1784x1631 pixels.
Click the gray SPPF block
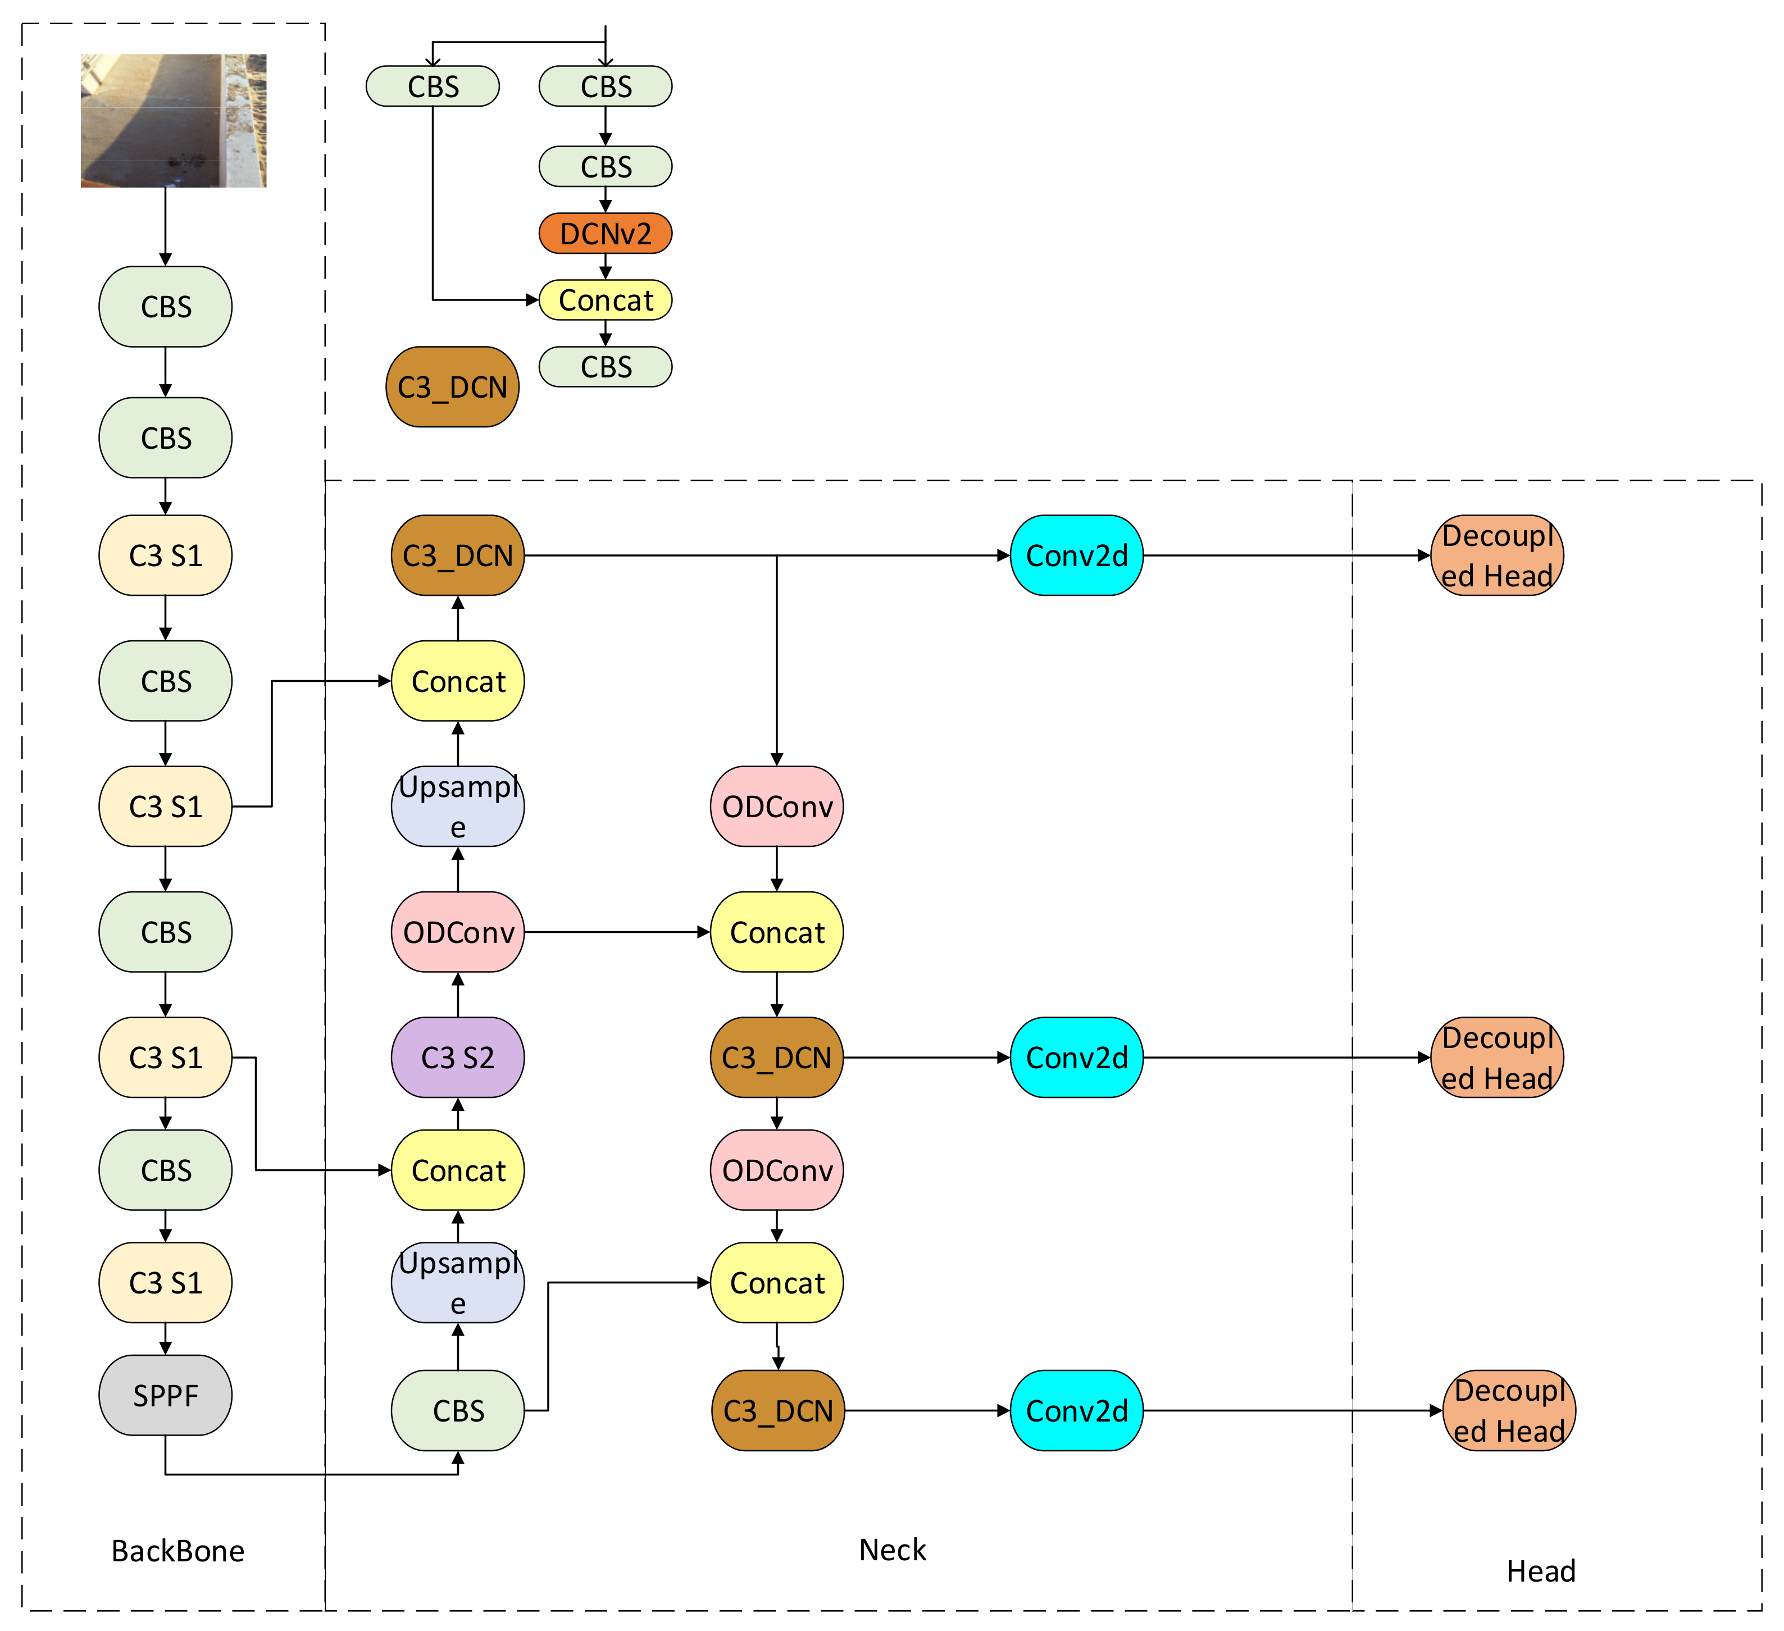click(x=166, y=1396)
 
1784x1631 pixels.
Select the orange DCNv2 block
click(x=606, y=234)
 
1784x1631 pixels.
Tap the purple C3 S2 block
click(x=457, y=1058)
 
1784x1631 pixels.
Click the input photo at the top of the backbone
click(x=174, y=120)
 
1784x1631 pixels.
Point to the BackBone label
click(x=178, y=1551)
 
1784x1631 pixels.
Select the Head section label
click(x=1541, y=1571)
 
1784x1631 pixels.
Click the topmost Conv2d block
click(x=1076, y=556)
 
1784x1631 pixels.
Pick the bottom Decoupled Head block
click(x=1509, y=1411)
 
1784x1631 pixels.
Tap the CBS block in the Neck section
click(x=457, y=1411)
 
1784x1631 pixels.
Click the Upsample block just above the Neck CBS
click(x=457, y=1282)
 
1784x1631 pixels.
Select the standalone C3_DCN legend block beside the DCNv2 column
click(x=452, y=387)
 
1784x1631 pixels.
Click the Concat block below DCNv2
click(x=606, y=300)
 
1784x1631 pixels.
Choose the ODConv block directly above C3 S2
click(x=457, y=932)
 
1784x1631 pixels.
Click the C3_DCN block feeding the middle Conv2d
click(x=776, y=1058)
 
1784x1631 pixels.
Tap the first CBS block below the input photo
click(x=166, y=306)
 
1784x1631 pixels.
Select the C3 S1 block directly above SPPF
click(x=166, y=1282)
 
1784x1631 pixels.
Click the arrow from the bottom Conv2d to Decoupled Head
click(x=1292, y=1411)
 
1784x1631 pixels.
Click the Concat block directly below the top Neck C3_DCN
click(x=457, y=681)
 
